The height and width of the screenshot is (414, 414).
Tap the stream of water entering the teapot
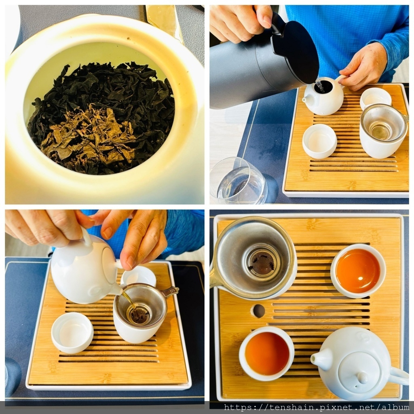pos(320,86)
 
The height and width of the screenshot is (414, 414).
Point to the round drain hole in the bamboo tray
pos(259,311)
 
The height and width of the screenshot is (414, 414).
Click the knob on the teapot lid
pos(362,378)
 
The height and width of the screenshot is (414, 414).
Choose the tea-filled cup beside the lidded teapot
pos(267,353)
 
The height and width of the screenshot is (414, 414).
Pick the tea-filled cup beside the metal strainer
pos(358,271)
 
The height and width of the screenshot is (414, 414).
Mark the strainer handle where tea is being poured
pos(169,291)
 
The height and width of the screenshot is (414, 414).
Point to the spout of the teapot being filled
pos(306,100)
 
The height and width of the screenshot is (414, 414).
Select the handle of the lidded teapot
pos(399,375)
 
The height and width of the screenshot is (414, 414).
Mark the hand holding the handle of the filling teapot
pos(364,68)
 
